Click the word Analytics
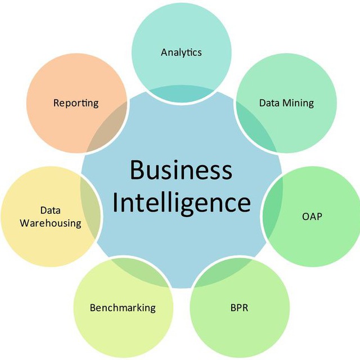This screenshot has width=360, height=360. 181,52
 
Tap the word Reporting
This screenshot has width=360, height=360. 76,103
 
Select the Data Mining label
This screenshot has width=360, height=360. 286,103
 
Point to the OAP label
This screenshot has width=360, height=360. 312,217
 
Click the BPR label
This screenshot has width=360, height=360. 239,308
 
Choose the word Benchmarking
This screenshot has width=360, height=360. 123,308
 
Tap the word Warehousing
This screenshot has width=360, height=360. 51,223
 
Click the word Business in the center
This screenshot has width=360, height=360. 181,170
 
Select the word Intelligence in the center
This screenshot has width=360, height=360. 182,202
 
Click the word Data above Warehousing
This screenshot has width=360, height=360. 51,210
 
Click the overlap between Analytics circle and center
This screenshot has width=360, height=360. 181,93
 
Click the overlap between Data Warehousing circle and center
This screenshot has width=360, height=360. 90,206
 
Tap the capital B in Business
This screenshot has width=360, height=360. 137,169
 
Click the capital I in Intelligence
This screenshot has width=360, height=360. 115,201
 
